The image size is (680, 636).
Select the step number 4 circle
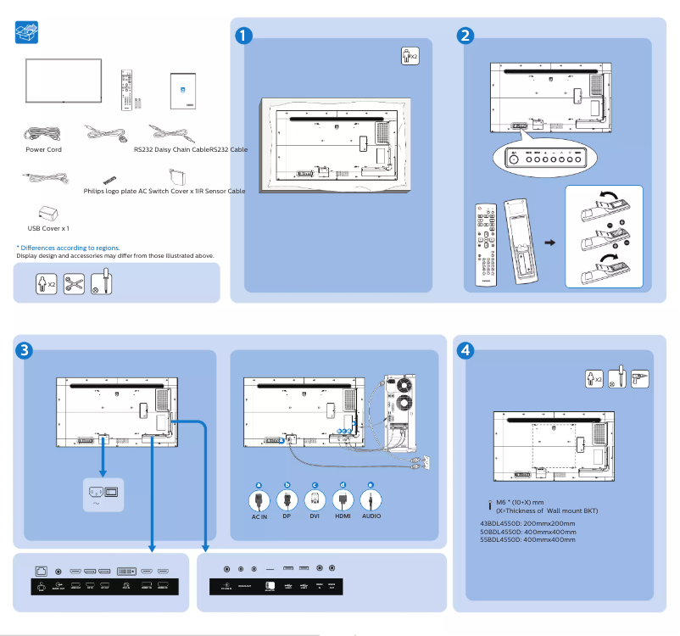pyautogui.click(x=465, y=349)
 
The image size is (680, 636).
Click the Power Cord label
pyautogui.click(x=43, y=149)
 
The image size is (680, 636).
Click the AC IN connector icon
pyautogui.click(x=259, y=500)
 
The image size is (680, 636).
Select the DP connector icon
pyautogui.click(x=287, y=500)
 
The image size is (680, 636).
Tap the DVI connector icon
pyautogui.click(x=315, y=500)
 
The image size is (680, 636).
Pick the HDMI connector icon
pyautogui.click(x=343, y=500)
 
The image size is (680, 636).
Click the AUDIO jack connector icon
pyautogui.click(x=371, y=500)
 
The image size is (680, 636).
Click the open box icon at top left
pyautogui.click(x=27, y=33)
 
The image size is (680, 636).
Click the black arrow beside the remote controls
pyautogui.click(x=549, y=243)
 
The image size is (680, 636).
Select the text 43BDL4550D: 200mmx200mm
pyautogui.click(x=527, y=523)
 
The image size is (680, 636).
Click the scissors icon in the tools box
pyautogui.click(x=74, y=283)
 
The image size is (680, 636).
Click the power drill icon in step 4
pyautogui.click(x=640, y=378)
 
